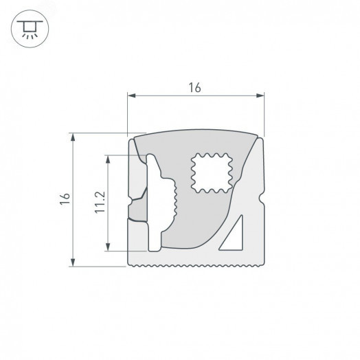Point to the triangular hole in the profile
(x=233, y=235)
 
